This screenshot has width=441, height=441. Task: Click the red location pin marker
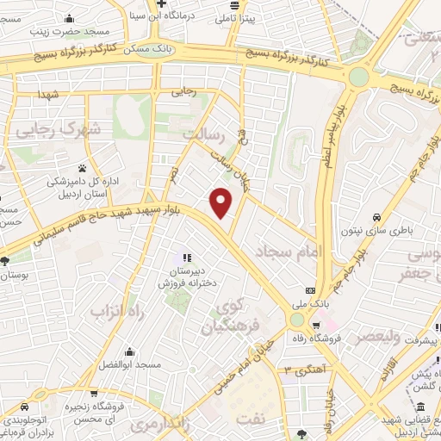click(x=222, y=202)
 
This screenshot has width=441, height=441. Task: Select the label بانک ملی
click(x=316, y=305)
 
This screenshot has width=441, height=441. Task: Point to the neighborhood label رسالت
click(x=206, y=135)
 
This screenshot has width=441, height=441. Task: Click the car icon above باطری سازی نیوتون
click(x=378, y=218)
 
